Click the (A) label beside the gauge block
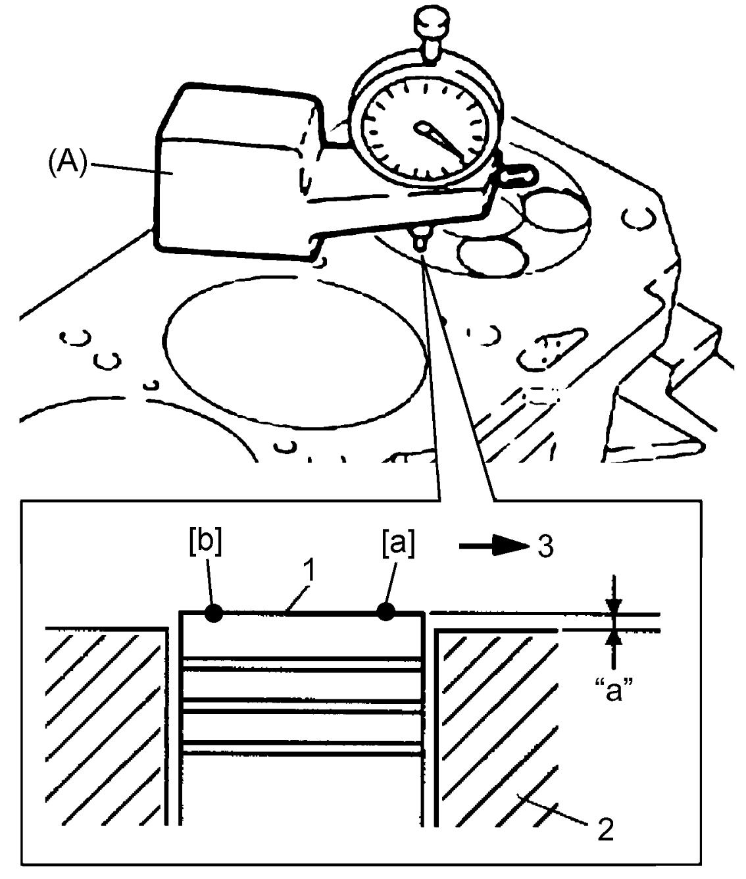click(x=67, y=163)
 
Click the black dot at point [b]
click(x=214, y=613)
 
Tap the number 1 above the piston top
click(x=311, y=570)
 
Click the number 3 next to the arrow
click(x=545, y=547)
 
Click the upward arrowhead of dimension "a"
click(x=613, y=639)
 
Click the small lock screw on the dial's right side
click(x=518, y=175)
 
